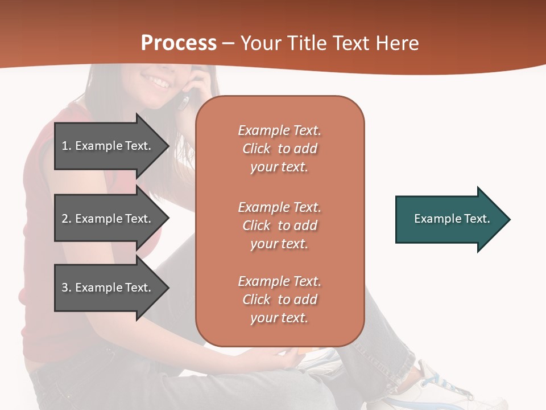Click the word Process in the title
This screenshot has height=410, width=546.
[x=179, y=43]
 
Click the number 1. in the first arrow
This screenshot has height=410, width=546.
[x=67, y=146]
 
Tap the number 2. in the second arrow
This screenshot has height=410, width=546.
[x=67, y=219]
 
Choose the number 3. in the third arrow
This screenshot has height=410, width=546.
[x=67, y=288]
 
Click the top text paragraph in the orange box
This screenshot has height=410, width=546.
[x=279, y=149]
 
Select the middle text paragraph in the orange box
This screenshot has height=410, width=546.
[x=279, y=225]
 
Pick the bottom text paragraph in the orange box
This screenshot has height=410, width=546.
[x=279, y=300]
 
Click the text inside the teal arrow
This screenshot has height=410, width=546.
[x=452, y=219]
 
